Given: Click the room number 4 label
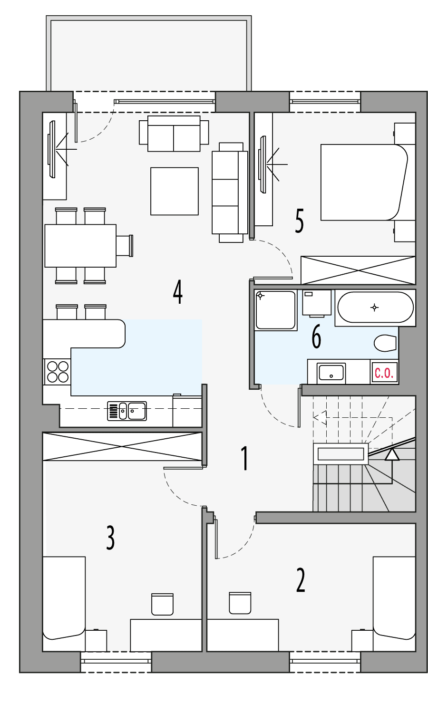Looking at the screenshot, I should [x=177, y=292].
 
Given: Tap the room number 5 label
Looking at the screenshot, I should [x=299, y=221].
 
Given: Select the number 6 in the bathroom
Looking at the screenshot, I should [x=316, y=337].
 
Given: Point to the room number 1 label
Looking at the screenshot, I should [x=244, y=458].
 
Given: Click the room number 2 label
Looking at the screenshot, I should [x=301, y=580].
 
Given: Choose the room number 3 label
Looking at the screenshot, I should [x=110, y=538].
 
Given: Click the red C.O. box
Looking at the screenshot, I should [x=384, y=373].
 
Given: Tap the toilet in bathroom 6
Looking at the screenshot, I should [x=385, y=343].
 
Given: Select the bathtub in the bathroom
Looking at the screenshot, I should [x=375, y=308].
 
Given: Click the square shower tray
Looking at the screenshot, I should [x=276, y=310].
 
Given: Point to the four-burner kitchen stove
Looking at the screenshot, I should [x=58, y=372].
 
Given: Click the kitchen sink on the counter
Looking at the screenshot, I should [x=127, y=411].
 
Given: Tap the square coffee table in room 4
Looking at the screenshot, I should [x=175, y=191].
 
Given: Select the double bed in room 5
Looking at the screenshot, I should [x=364, y=183].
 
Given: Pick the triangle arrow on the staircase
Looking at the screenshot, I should [x=392, y=455].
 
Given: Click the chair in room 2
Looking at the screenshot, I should [x=240, y=603].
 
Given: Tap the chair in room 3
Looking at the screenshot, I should [x=162, y=604].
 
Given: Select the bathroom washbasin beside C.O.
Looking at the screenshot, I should [x=331, y=372].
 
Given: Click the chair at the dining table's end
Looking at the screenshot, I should [x=125, y=246].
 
